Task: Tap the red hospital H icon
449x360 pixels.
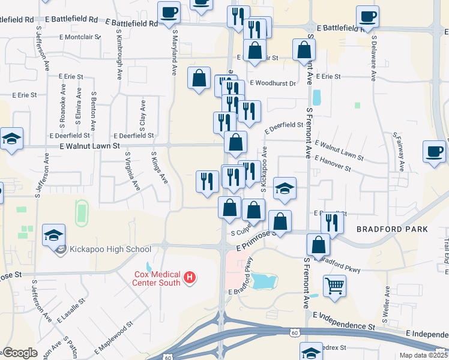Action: click(x=190, y=278)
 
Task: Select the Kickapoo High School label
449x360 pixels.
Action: click(x=110, y=250)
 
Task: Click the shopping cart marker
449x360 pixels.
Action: click(x=334, y=285)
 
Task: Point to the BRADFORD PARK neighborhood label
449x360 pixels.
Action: click(x=392, y=229)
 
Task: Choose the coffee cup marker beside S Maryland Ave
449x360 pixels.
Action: click(x=169, y=11)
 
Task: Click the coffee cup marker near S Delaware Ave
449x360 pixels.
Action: click(x=367, y=16)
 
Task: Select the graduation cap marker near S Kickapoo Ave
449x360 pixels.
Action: click(x=285, y=188)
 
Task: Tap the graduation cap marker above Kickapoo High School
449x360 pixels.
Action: click(x=54, y=235)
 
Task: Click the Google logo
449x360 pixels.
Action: click(x=20, y=353)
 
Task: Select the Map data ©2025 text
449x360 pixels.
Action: click(x=423, y=355)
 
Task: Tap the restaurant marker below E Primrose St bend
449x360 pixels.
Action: click(x=331, y=222)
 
